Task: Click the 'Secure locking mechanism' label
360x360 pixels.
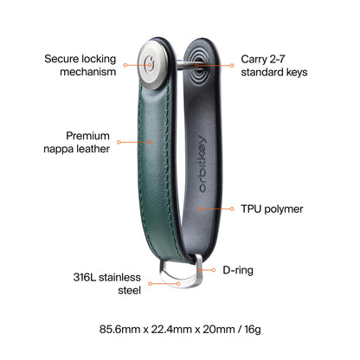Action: [80, 65]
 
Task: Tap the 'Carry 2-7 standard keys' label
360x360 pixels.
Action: [274, 66]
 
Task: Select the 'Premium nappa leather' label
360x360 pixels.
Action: [77, 142]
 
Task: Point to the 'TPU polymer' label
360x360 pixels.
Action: [272, 209]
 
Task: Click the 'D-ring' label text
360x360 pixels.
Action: [238, 270]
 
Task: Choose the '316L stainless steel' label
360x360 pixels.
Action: [107, 284]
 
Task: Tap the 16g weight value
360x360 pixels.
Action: [253, 329]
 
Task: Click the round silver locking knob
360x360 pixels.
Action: [152, 65]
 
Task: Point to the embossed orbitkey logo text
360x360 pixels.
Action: [202, 164]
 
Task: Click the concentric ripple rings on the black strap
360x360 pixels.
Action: [197, 66]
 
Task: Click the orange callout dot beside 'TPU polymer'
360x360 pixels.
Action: [232, 209]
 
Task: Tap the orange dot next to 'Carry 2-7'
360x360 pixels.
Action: [232, 66]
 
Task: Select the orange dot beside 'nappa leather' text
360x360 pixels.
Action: [119, 142]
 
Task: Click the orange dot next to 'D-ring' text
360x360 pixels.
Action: [214, 270]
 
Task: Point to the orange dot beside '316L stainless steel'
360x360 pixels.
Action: [150, 284]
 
